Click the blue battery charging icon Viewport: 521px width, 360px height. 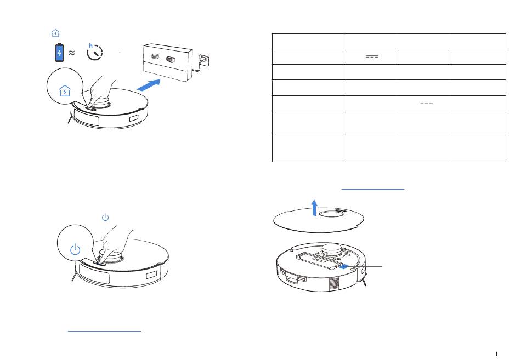click(x=59, y=53)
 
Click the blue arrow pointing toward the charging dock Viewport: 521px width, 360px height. click(x=150, y=85)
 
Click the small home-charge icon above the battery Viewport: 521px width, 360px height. click(x=55, y=33)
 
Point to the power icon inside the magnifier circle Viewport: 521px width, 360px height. click(x=76, y=252)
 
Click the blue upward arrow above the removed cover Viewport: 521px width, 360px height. click(x=314, y=207)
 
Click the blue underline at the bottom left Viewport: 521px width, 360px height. click(x=104, y=330)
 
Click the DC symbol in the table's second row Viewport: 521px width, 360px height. click(x=371, y=56)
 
